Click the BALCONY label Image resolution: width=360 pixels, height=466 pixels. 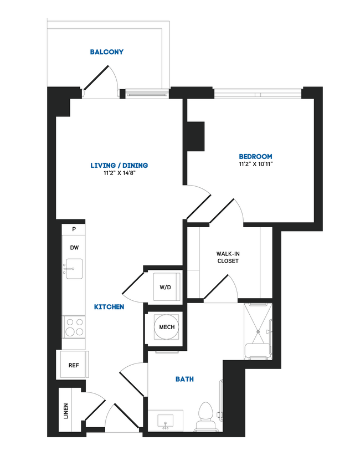[x=107, y=53]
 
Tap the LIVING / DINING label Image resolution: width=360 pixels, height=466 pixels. [x=119, y=166]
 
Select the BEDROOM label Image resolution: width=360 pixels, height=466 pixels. [x=255, y=157]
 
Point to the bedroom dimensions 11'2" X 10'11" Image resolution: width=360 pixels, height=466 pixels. [x=255, y=165]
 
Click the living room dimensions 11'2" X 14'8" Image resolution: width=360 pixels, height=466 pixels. [x=119, y=173]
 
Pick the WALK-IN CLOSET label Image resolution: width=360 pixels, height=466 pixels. [x=228, y=257]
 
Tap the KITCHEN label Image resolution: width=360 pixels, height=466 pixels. [x=109, y=306]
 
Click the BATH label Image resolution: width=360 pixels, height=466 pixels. [x=184, y=379]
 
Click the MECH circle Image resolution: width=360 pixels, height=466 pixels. [x=167, y=327]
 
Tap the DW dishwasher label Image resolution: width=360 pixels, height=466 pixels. [x=74, y=248]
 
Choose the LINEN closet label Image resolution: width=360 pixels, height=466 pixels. [x=66, y=410]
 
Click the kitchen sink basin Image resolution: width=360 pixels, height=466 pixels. [x=74, y=266]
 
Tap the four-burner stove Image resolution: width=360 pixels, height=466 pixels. [x=74, y=326]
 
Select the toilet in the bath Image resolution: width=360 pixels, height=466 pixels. [x=206, y=414]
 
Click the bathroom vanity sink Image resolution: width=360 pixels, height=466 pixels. [x=166, y=422]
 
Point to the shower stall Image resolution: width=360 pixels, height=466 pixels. [x=258, y=331]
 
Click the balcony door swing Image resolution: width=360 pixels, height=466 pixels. [x=104, y=80]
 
